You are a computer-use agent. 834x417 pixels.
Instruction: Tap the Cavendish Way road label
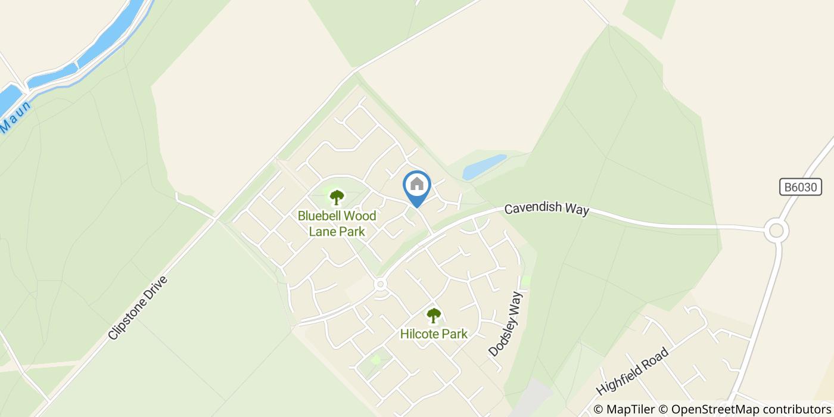pyautogui.click(x=546, y=209)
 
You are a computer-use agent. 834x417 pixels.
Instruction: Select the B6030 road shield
pyautogui.click(x=801, y=187)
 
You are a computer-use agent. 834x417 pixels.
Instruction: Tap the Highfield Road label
pyautogui.click(x=632, y=371)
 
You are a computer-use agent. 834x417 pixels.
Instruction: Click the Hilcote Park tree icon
pyautogui.click(x=434, y=315)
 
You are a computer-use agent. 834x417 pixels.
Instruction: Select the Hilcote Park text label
pyautogui.click(x=434, y=334)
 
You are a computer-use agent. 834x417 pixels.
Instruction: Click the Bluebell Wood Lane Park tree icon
pyautogui.click(x=337, y=197)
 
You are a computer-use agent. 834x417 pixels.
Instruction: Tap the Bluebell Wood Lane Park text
pyautogui.click(x=337, y=223)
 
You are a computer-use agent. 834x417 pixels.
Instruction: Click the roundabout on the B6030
pyautogui.click(x=776, y=231)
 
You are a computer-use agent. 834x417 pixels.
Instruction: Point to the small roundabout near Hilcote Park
pyautogui.click(x=380, y=285)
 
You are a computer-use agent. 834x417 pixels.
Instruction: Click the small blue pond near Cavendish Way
pyautogui.click(x=484, y=167)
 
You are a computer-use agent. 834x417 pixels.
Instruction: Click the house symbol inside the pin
pyautogui.click(x=417, y=183)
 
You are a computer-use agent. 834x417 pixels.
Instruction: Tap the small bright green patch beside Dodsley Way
pyautogui.click(x=525, y=280)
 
